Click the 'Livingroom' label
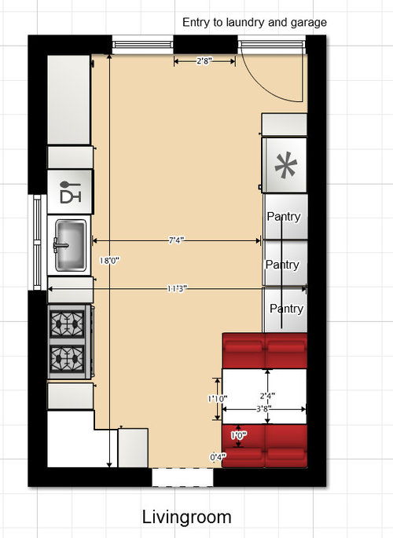187,517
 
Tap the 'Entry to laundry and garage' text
255,22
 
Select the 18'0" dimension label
109,261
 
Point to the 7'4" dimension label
176,240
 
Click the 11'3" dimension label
177,288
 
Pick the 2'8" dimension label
204,61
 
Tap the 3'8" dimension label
264,408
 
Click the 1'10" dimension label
218,399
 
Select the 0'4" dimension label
219,457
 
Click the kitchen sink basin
71,245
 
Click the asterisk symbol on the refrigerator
285,165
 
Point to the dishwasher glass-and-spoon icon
71,192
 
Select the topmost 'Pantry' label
284,217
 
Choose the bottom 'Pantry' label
287,309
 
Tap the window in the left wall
38,242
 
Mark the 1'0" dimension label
239,436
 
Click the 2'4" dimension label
267,397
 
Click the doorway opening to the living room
182,478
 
